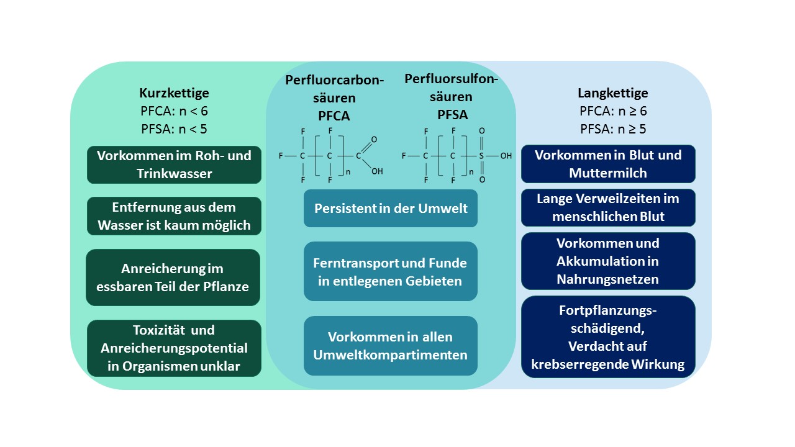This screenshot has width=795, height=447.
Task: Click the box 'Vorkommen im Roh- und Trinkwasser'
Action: [x=174, y=165]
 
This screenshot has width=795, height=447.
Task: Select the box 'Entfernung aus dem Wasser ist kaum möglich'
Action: [x=174, y=216]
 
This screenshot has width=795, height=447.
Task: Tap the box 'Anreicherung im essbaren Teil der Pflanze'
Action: [x=173, y=278]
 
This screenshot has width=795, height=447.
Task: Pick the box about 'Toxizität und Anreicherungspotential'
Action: [x=174, y=348]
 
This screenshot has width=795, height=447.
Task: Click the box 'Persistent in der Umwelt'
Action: [x=391, y=208]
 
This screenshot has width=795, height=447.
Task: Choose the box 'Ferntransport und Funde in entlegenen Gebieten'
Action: [x=391, y=271]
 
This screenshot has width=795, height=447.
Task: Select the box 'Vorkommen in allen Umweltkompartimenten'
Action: [x=391, y=346]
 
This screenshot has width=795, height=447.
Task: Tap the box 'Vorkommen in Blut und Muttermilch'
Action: [x=608, y=164]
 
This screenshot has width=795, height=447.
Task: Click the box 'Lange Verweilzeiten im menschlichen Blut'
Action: [x=608, y=207]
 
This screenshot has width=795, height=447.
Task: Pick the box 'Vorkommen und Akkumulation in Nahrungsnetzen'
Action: [x=608, y=261]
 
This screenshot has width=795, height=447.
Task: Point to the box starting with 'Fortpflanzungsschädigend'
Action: [x=608, y=337]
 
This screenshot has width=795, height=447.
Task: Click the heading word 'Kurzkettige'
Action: [x=174, y=93]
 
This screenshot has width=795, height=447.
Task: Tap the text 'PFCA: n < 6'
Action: [x=174, y=112]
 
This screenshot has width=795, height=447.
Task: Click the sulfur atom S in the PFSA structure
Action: [x=481, y=156]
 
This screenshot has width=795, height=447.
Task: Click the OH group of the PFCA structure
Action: [x=377, y=171]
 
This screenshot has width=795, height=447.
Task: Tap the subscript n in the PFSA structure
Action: [x=471, y=172]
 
